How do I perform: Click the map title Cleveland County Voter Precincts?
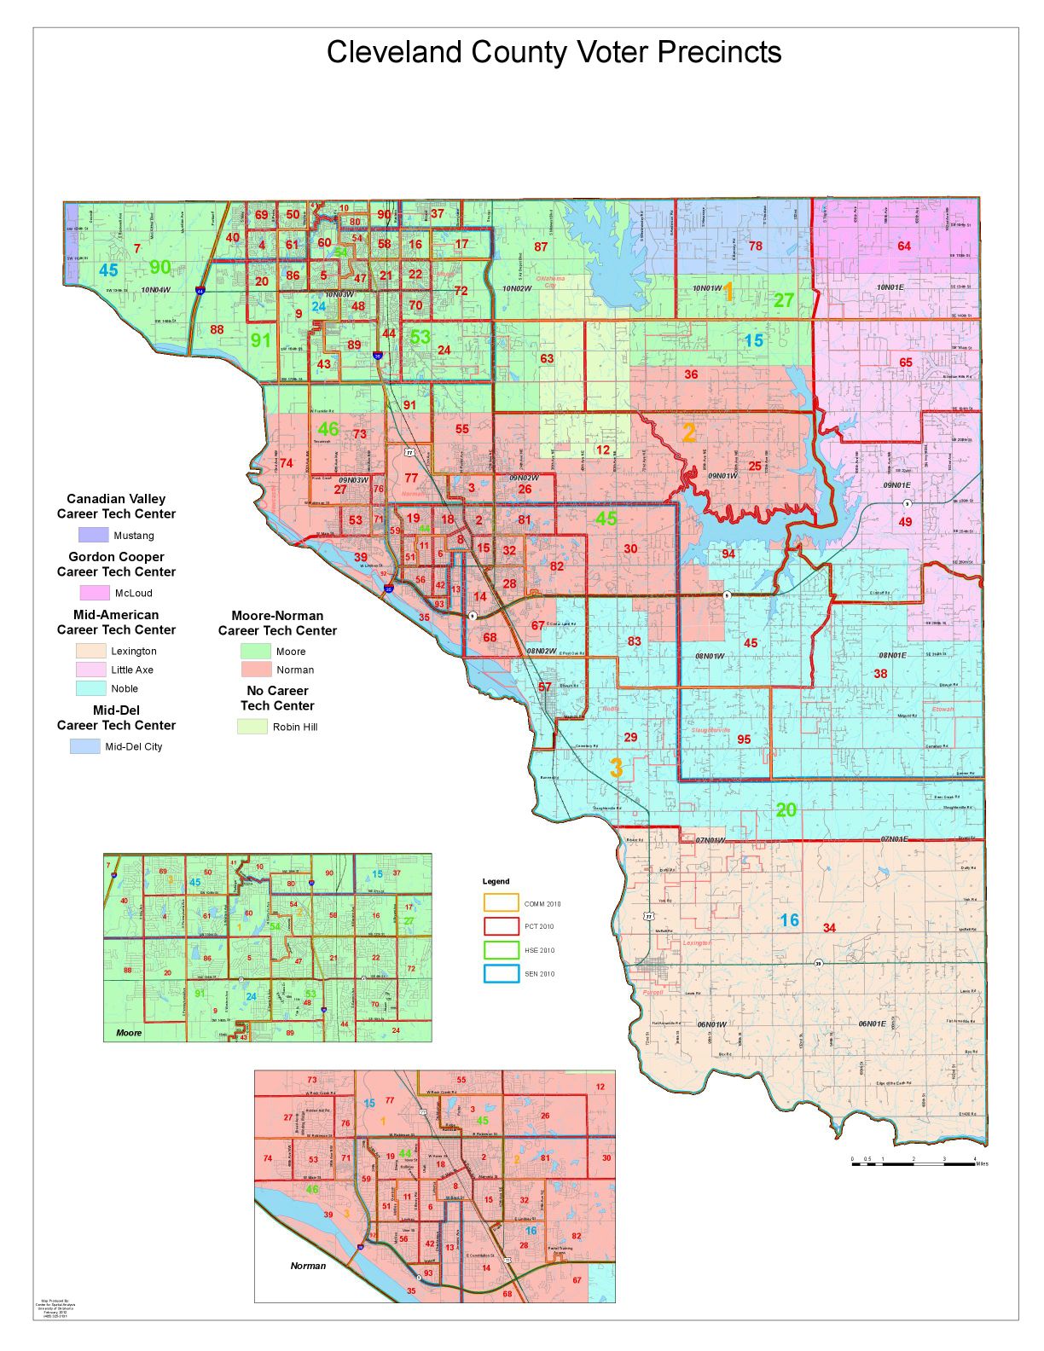pyautogui.click(x=554, y=53)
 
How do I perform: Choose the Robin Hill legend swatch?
pyautogui.click(x=252, y=727)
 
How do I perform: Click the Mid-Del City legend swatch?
pyautogui.click(x=84, y=746)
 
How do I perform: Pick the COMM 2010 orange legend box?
pyautogui.click(x=501, y=903)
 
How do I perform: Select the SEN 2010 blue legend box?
pyautogui.click(x=501, y=973)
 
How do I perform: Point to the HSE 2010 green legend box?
pyautogui.click(x=501, y=949)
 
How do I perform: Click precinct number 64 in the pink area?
pyautogui.click(x=904, y=246)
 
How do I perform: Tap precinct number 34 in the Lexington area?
pyautogui.click(x=829, y=928)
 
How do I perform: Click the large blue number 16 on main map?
pyautogui.click(x=790, y=920)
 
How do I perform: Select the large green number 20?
pyautogui.click(x=786, y=810)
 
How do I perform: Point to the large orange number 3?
pyautogui.click(x=616, y=768)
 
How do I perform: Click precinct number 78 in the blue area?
pyautogui.click(x=755, y=246)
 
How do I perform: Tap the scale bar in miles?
pyautogui.click(x=913, y=1160)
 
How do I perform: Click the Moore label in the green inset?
pyautogui.click(x=129, y=1033)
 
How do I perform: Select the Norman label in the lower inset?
pyautogui.click(x=308, y=1266)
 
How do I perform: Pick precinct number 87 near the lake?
pyautogui.click(x=541, y=247)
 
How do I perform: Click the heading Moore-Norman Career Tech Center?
pyautogui.click(x=277, y=623)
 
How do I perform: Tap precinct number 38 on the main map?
pyautogui.click(x=880, y=674)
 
